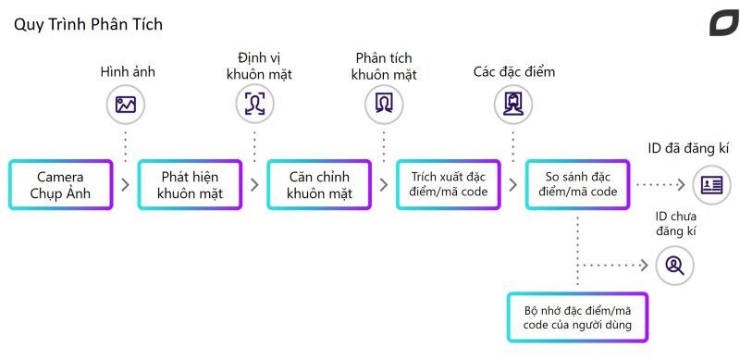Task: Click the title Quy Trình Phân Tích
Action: click(88, 25)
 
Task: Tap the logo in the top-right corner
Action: click(723, 23)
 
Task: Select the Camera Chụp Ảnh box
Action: click(60, 185)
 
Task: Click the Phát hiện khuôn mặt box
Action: click(190, 185)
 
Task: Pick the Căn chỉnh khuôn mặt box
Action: click(319, 185)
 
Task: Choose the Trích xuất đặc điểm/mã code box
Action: click(449, 185)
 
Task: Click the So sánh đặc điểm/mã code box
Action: click(577, 185)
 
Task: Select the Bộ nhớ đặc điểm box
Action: click(577, 317)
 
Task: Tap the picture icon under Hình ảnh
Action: click(126, 105)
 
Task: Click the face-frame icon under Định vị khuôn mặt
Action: click(255, 104)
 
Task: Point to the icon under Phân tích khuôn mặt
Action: click(384, 104)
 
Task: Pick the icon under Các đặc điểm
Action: click(513, 104)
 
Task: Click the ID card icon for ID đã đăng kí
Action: click(711, 185)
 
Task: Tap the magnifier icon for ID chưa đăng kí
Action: click(675, 266)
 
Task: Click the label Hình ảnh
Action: click(128, 72)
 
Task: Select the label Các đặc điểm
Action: click(514, 72)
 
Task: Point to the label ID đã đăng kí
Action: click(688, 149)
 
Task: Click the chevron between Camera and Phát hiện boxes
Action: click(125, 185)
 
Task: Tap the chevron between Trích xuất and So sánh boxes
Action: click(513, 185)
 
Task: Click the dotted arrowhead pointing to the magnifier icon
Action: click(644, 266)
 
